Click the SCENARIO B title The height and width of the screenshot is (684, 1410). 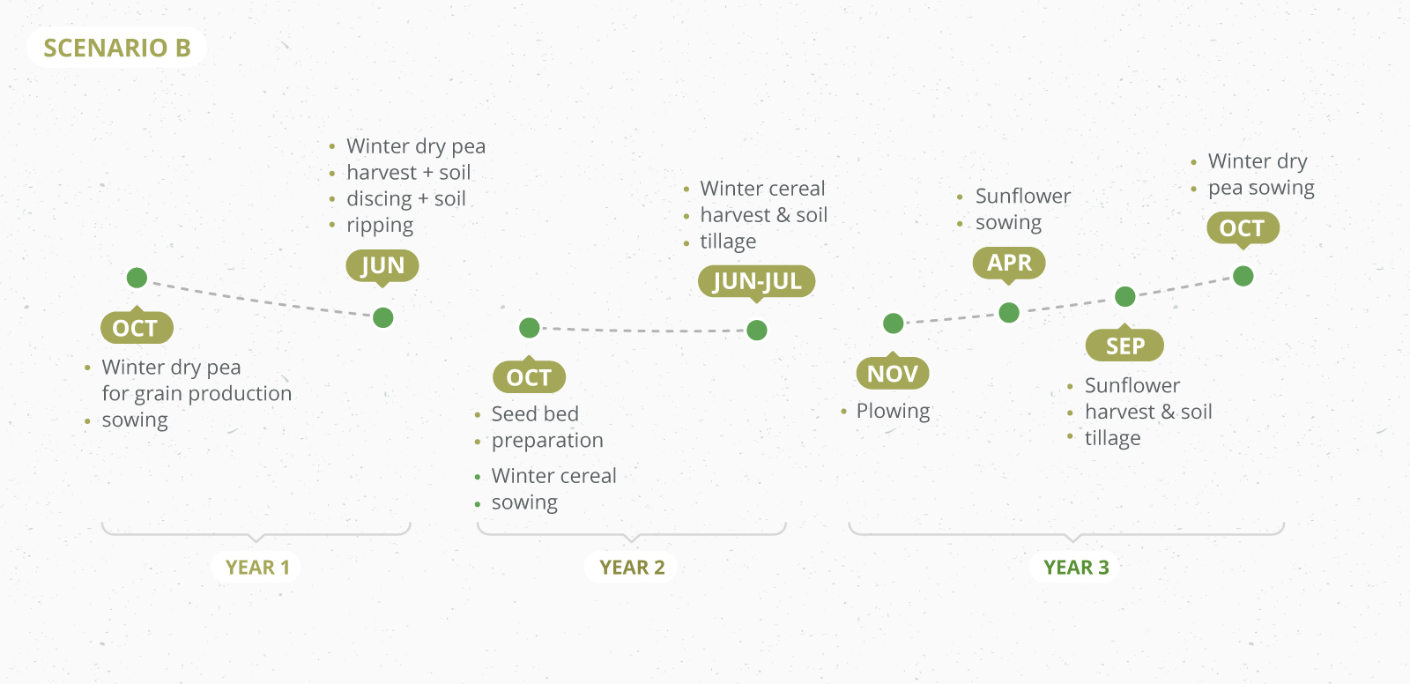click(x=117, y=48)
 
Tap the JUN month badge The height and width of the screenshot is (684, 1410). click(x=382, y=266)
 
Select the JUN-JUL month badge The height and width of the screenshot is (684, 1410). click(x=757, y=281)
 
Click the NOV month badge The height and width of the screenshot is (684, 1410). click(x=893, y=374)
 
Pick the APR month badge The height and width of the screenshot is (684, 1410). click(x=1009, y=263)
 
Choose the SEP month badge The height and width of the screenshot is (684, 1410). click(x=1124, y=346)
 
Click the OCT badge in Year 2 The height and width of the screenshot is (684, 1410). click(x=530, y=376)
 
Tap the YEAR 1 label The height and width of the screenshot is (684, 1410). click(x=257, y=568)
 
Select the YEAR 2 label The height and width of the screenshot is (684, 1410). click(x=632, y=568)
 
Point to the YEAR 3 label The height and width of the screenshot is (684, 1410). click(x=1076, y=568)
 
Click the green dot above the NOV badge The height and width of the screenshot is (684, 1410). click(x=894, y=323)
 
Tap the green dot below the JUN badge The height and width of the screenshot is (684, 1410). click(x=382, y=317)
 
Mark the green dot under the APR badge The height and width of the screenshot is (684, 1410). click(x=1009, y=312)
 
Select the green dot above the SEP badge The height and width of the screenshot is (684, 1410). click(x=1124, y=296)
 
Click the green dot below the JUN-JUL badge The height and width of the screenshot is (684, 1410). click(x=757, y=330)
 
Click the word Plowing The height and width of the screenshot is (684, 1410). click(x=894, y=412)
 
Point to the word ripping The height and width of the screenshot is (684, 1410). click(x=380, y=226)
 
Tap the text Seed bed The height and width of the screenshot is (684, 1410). click(x=535, y=413)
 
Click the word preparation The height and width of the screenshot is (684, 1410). click(x=547, y=441)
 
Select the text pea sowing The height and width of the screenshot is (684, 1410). click(x=1261, y=188)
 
